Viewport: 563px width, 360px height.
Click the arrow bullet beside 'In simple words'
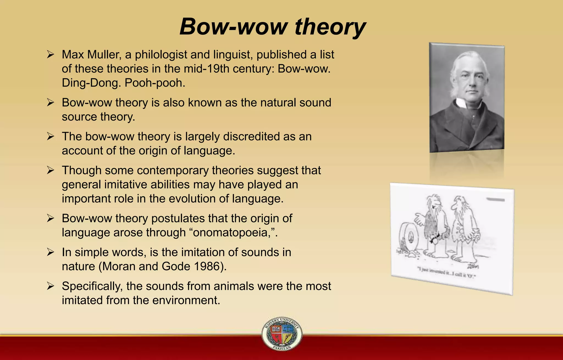click(x=51, y=252)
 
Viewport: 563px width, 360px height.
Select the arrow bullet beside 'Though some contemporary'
click(x=51, y=170)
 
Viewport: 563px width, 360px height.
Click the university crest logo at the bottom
click(x=281, y=333)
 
